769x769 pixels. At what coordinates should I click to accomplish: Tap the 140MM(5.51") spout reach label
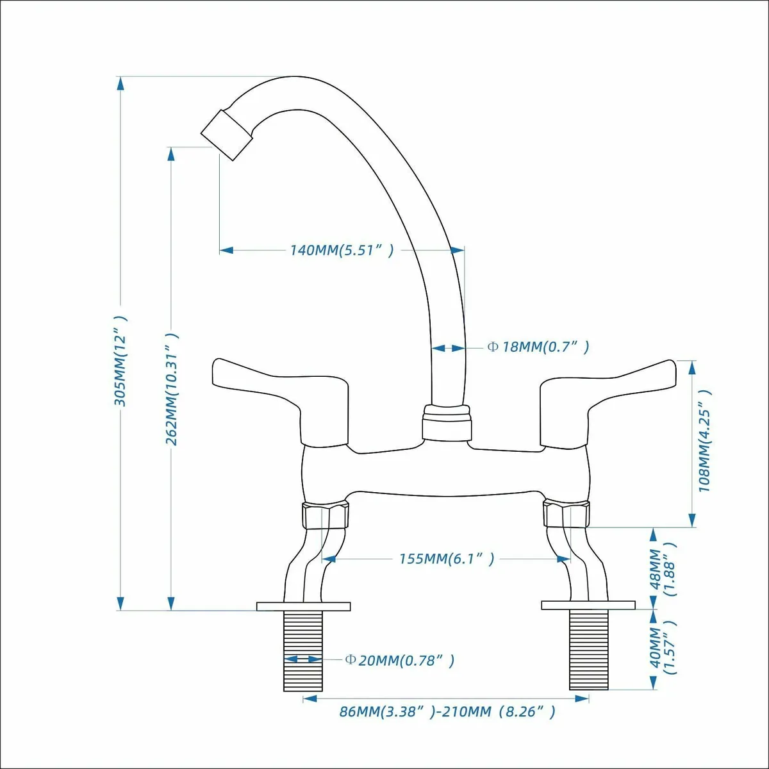(x=342, y=250)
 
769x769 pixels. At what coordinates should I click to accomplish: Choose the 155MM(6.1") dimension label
(x=447, y=559)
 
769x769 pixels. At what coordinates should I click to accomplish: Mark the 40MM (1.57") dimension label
(x=663, y=648)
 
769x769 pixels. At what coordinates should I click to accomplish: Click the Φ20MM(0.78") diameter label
(x=399, y=660)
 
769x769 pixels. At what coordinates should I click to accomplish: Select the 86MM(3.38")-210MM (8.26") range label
(x=447, y=711)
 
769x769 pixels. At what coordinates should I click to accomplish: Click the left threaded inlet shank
(x=303, y=650)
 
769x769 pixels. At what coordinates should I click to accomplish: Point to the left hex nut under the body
(x=326, y=515)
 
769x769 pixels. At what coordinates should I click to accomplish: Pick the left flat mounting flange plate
(x=303, y=606)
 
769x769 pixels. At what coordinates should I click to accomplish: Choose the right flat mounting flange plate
(x=588, y=606)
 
